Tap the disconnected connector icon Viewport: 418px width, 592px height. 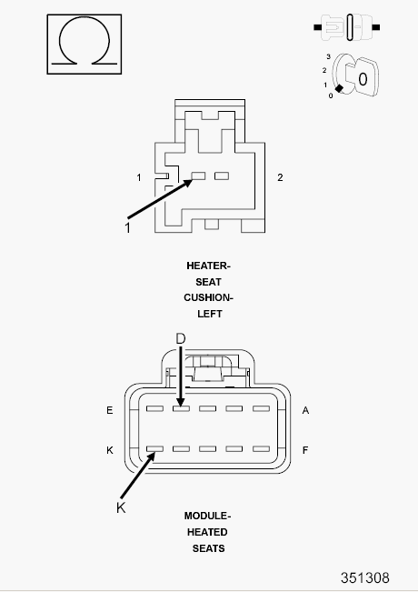[x=347, y=27]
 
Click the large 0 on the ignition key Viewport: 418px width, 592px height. [x=363, y=79]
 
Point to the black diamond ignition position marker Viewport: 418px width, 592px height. [x=339, y=88]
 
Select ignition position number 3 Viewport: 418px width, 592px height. [x=329, y=56]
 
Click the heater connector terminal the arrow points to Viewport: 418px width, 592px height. [x=198, y=176]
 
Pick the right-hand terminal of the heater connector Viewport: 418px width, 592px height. [x=222, y=176]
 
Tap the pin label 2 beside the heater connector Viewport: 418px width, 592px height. [x=280, y=177]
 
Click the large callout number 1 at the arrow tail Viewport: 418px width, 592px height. [x=127, y=228]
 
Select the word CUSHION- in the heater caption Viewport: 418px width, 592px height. [x=208, y=298]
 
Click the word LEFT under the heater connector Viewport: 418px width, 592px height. [x=209, y=314]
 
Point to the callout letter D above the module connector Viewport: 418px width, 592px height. [x=181, y=338]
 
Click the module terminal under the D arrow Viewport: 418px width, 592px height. [x=181, y=408]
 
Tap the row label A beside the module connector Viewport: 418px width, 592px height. [x=305, y=410]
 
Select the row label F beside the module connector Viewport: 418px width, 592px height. [x=305, y=450]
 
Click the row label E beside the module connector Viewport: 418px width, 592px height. [x=109, y=410]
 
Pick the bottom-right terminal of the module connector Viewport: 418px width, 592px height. [x=261, y=449]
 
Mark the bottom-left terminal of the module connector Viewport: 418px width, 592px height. [x=154, y=449]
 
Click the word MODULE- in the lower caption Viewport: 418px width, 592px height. [x=207, y=517]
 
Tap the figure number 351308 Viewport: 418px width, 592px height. [x=364, y=578]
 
